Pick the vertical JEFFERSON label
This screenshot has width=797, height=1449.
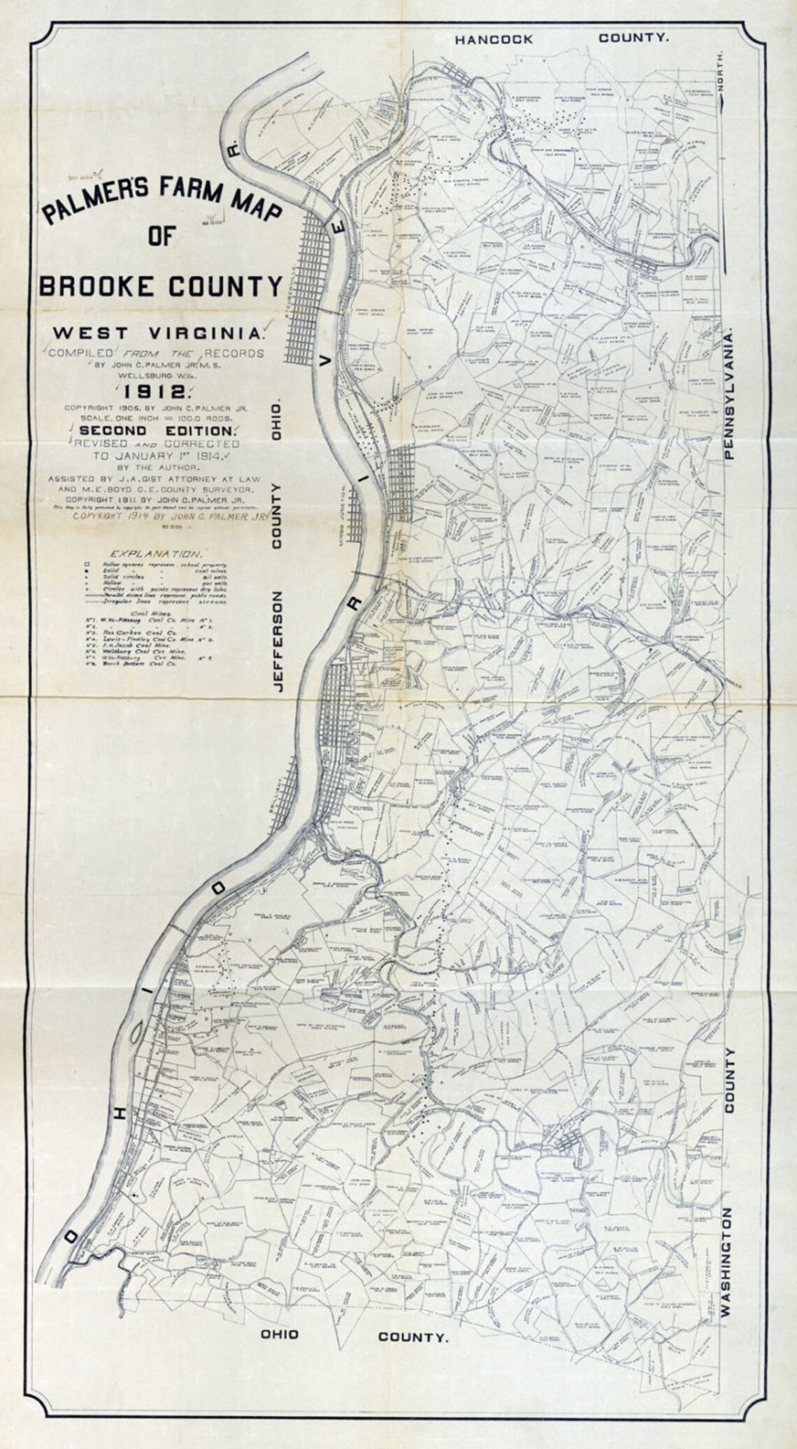(278, 643)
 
